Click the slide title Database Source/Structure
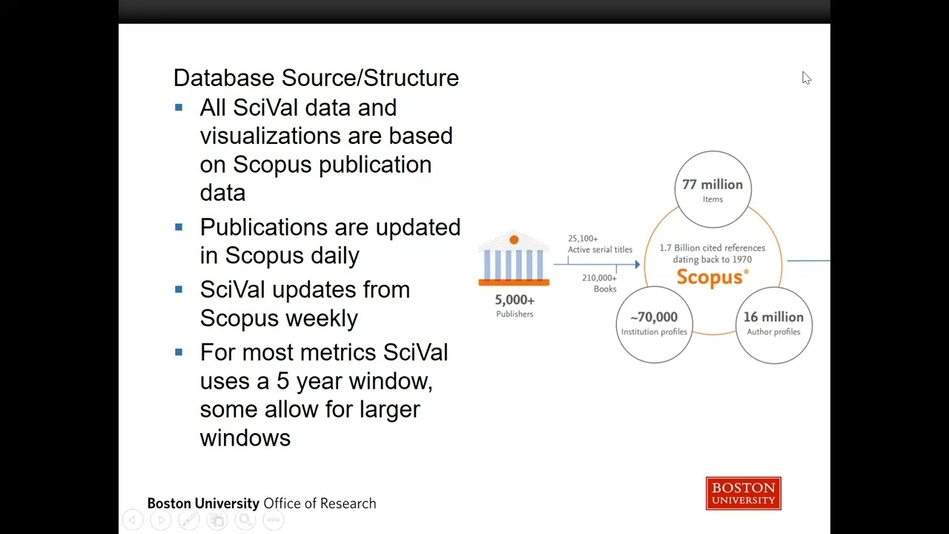(316, 78)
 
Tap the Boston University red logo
(743, 494)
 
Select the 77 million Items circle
(712, 189)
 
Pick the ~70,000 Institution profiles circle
(654, 324)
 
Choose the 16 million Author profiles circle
(773, 324)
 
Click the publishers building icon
(514, 260)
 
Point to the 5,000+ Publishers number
(515, 300)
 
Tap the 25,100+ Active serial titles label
(600, 244)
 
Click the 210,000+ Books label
(600, 283)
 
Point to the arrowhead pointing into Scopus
(637, 264)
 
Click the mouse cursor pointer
(806, 78)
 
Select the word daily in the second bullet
(334, 256)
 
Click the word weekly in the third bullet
(321, 319)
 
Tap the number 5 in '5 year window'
(282, 381)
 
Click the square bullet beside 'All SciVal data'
(179, 108)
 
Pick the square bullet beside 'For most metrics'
(179, 352)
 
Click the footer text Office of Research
(320, 504)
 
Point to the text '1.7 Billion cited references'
(712, 248)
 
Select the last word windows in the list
(245, 438)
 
